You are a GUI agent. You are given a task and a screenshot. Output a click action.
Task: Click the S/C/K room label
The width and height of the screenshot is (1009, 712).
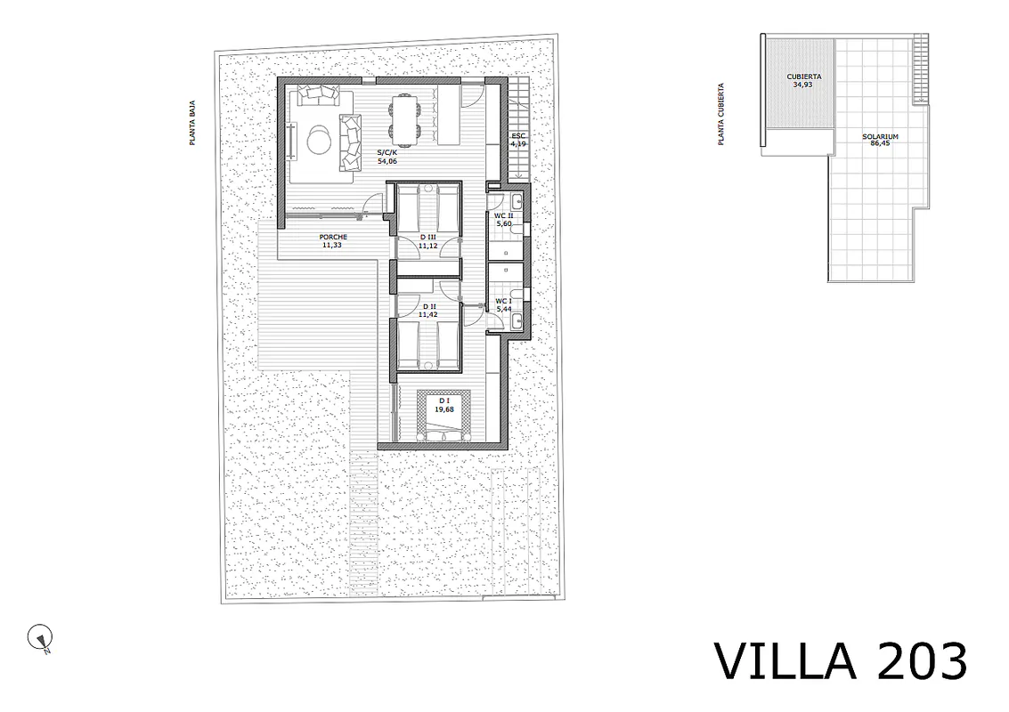[x=387, y=152]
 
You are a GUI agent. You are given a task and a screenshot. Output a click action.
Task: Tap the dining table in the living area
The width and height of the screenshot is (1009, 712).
[x=405, y=118]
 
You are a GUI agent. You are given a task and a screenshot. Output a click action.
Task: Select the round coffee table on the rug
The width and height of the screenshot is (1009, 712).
[x=319, y=140]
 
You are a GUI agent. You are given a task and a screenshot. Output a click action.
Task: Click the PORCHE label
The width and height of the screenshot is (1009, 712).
[x=333, y=237]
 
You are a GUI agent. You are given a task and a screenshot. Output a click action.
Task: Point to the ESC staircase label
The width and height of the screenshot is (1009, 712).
[x=518, y=135]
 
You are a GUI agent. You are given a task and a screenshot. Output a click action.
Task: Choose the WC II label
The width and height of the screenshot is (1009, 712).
[x=503, y=215]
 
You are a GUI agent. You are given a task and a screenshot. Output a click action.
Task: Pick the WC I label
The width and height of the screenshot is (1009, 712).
[x=503, y=301]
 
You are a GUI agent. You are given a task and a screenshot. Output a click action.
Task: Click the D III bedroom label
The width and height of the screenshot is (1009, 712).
[x=427, y=238]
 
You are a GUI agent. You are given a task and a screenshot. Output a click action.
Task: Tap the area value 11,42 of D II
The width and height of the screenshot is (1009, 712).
[x=427, y=314]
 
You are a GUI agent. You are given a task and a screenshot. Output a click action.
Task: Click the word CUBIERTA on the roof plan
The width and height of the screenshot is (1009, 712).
[x=803, y=77]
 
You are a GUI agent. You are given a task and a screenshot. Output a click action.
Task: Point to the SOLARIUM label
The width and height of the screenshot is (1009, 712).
[x=880, y=136]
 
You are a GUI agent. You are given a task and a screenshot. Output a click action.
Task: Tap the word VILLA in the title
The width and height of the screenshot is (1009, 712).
[x=785, y=661]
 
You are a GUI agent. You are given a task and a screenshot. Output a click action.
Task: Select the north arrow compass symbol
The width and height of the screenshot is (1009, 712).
[x=40, y=638]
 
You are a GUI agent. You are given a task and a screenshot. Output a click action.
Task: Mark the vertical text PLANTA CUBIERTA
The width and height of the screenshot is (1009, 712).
[x=721, y=114]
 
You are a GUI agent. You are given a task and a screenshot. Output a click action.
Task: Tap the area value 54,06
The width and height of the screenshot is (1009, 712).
[x=387, y=161]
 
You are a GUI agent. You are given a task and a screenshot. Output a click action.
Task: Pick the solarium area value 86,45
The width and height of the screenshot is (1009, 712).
[x=880, y=143]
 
